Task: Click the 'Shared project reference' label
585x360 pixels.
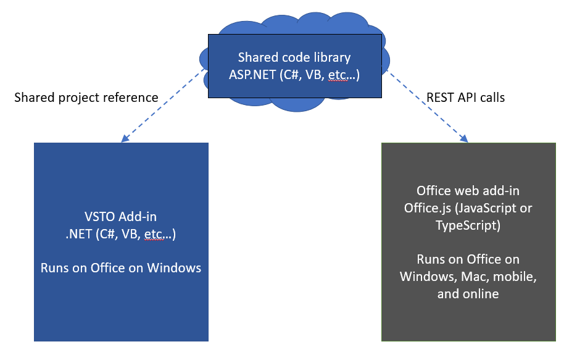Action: click(86, 98)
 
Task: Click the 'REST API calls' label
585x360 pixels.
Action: click(465, 98)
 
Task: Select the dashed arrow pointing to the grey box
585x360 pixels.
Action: click(426, 106)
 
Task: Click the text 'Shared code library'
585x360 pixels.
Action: click(294, 57)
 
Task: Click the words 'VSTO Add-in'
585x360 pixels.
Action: click(121, 217)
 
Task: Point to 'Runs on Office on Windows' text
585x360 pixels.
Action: click(121, 268)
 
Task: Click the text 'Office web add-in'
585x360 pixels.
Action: click(468, 191)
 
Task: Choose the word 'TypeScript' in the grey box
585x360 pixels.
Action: click(468, 225)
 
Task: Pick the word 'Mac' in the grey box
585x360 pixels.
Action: click(471, 276)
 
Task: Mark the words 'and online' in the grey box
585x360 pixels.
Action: click(468, 293)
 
